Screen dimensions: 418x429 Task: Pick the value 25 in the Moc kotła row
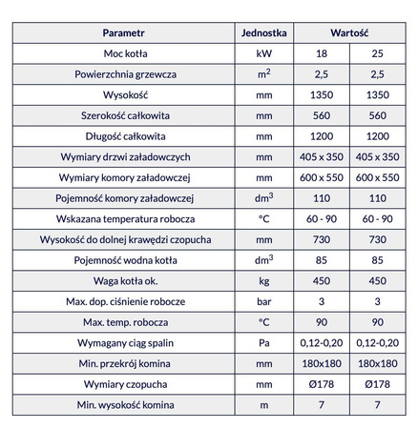point(379,53)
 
